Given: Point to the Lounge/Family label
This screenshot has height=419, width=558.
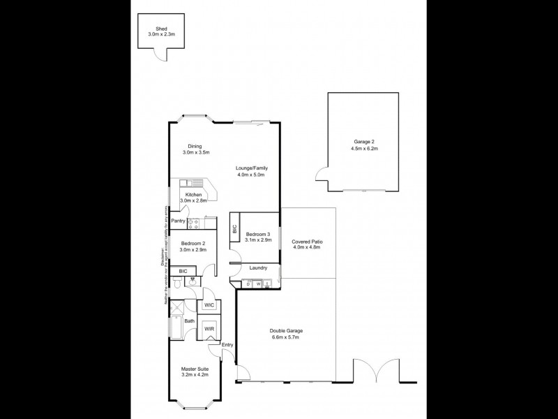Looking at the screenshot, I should pos(251,168).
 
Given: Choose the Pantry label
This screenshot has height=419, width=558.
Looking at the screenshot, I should pos(178,221).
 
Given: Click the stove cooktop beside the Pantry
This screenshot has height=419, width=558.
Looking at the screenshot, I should pos(193,223).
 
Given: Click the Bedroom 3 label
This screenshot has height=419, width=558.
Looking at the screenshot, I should pos(257,234).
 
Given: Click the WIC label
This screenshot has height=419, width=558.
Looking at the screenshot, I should pos(209,306).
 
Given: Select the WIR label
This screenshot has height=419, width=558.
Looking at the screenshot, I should pos(209,329).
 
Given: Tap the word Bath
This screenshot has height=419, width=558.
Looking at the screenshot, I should pos(189,321).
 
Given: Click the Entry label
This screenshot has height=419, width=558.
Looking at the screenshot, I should pos(227,345).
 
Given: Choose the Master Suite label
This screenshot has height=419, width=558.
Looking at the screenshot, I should pos(195,369).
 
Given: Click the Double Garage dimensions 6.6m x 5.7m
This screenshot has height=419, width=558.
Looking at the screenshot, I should pos(286,337).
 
